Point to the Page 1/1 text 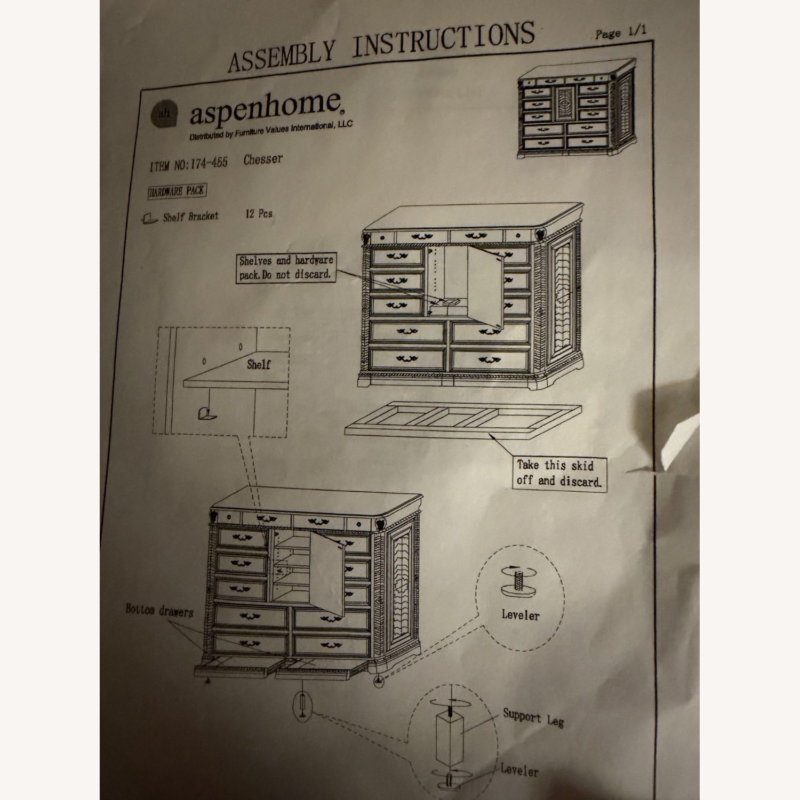click(x=620, y=32)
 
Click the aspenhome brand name click(x=265, y=108)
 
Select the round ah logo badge click(x=164, y=114)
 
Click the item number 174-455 click(x=209, y=163)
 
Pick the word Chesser click(x=263, y=159)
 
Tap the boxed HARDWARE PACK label click(x=177, y=191)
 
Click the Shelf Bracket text click(x=190, y=217)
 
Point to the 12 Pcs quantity click(x=259, y=214)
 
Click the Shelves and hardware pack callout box click(x=286, y=268)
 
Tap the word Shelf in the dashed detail click(x=258, y=365)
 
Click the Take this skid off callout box click(x=558, y=473)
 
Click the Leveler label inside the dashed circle click(x=520, y=615)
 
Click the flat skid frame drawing click(x=462, y=420)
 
